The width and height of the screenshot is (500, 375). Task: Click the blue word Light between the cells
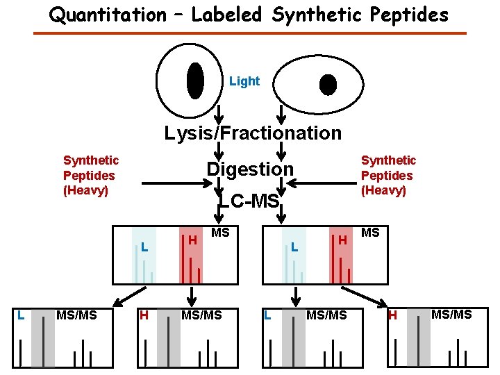(x=244, y=81)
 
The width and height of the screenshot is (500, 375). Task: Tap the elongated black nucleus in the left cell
(x=196, y=81)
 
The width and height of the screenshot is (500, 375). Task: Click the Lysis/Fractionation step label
(x=253, y=133)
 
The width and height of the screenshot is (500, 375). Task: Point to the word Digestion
(x=250, y=169)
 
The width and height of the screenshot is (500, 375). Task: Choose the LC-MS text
(x=249, y=201)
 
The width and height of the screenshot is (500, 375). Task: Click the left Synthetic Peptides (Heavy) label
(x=90, y=175)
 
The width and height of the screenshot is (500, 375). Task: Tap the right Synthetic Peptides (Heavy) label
(x=388, y=175)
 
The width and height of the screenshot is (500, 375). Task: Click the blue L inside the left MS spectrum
(x=143, y=247)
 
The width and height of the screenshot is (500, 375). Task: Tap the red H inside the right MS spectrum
(x=343, y=240)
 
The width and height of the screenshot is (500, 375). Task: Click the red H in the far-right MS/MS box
(x=392, y=316)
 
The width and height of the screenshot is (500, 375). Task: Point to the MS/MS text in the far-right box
(x=451, y=315)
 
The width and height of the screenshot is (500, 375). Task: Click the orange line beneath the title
(x=250, y=33)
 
